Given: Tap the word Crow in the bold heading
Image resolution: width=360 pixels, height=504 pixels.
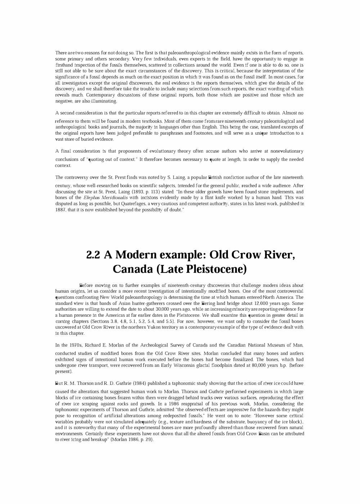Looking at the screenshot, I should (x=246, y=255).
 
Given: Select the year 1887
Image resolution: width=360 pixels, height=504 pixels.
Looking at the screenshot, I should (x=60, y=210).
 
